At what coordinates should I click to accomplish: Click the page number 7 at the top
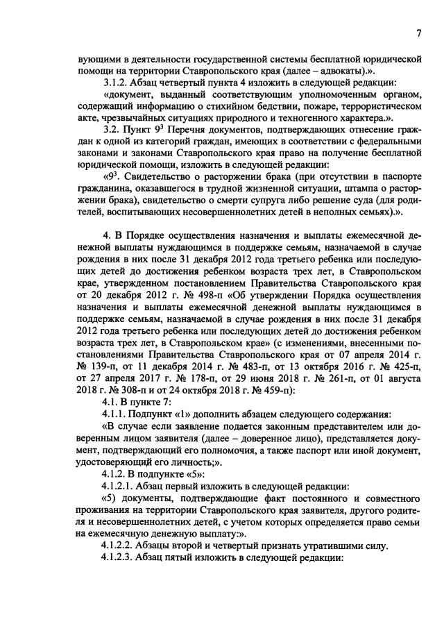point(419,33)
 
